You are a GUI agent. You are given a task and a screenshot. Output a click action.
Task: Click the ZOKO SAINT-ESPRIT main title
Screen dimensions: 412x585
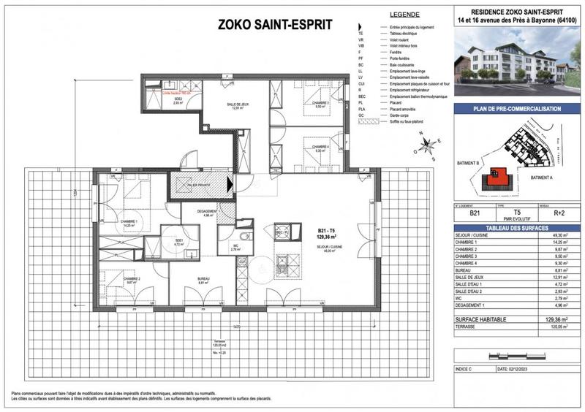[x=275, y=25]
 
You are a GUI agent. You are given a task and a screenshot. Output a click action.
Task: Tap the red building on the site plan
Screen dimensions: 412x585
[x=499, y=175]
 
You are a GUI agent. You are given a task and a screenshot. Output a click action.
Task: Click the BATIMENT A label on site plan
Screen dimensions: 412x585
[x=541, y=178]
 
